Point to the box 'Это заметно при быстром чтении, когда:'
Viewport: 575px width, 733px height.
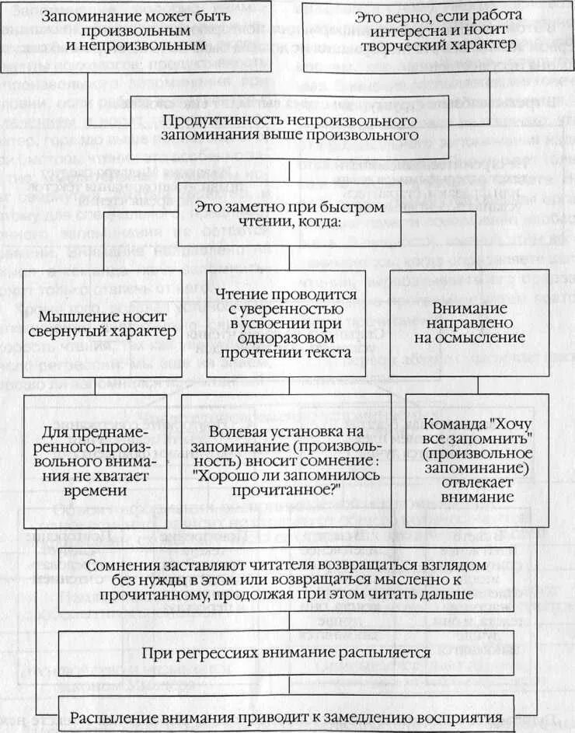point(289,215)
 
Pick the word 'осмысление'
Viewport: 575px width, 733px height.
point(472,338)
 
